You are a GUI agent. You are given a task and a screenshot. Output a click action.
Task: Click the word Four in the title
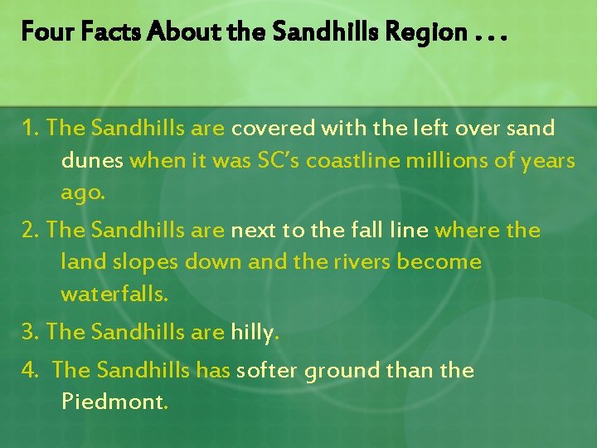(x=42, y=32)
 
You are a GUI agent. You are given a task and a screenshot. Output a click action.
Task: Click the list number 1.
(x=32, y=129)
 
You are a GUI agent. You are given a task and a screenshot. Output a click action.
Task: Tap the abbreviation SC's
(x=274, y=161)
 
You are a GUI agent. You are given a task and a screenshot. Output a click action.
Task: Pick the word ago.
(x=81, y=194)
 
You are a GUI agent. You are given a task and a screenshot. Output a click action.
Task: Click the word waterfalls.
(x=114, y=295)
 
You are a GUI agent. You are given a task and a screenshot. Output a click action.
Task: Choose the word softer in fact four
(x=268, y=370)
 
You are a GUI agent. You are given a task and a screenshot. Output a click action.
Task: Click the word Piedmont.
(x=114, y=402)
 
